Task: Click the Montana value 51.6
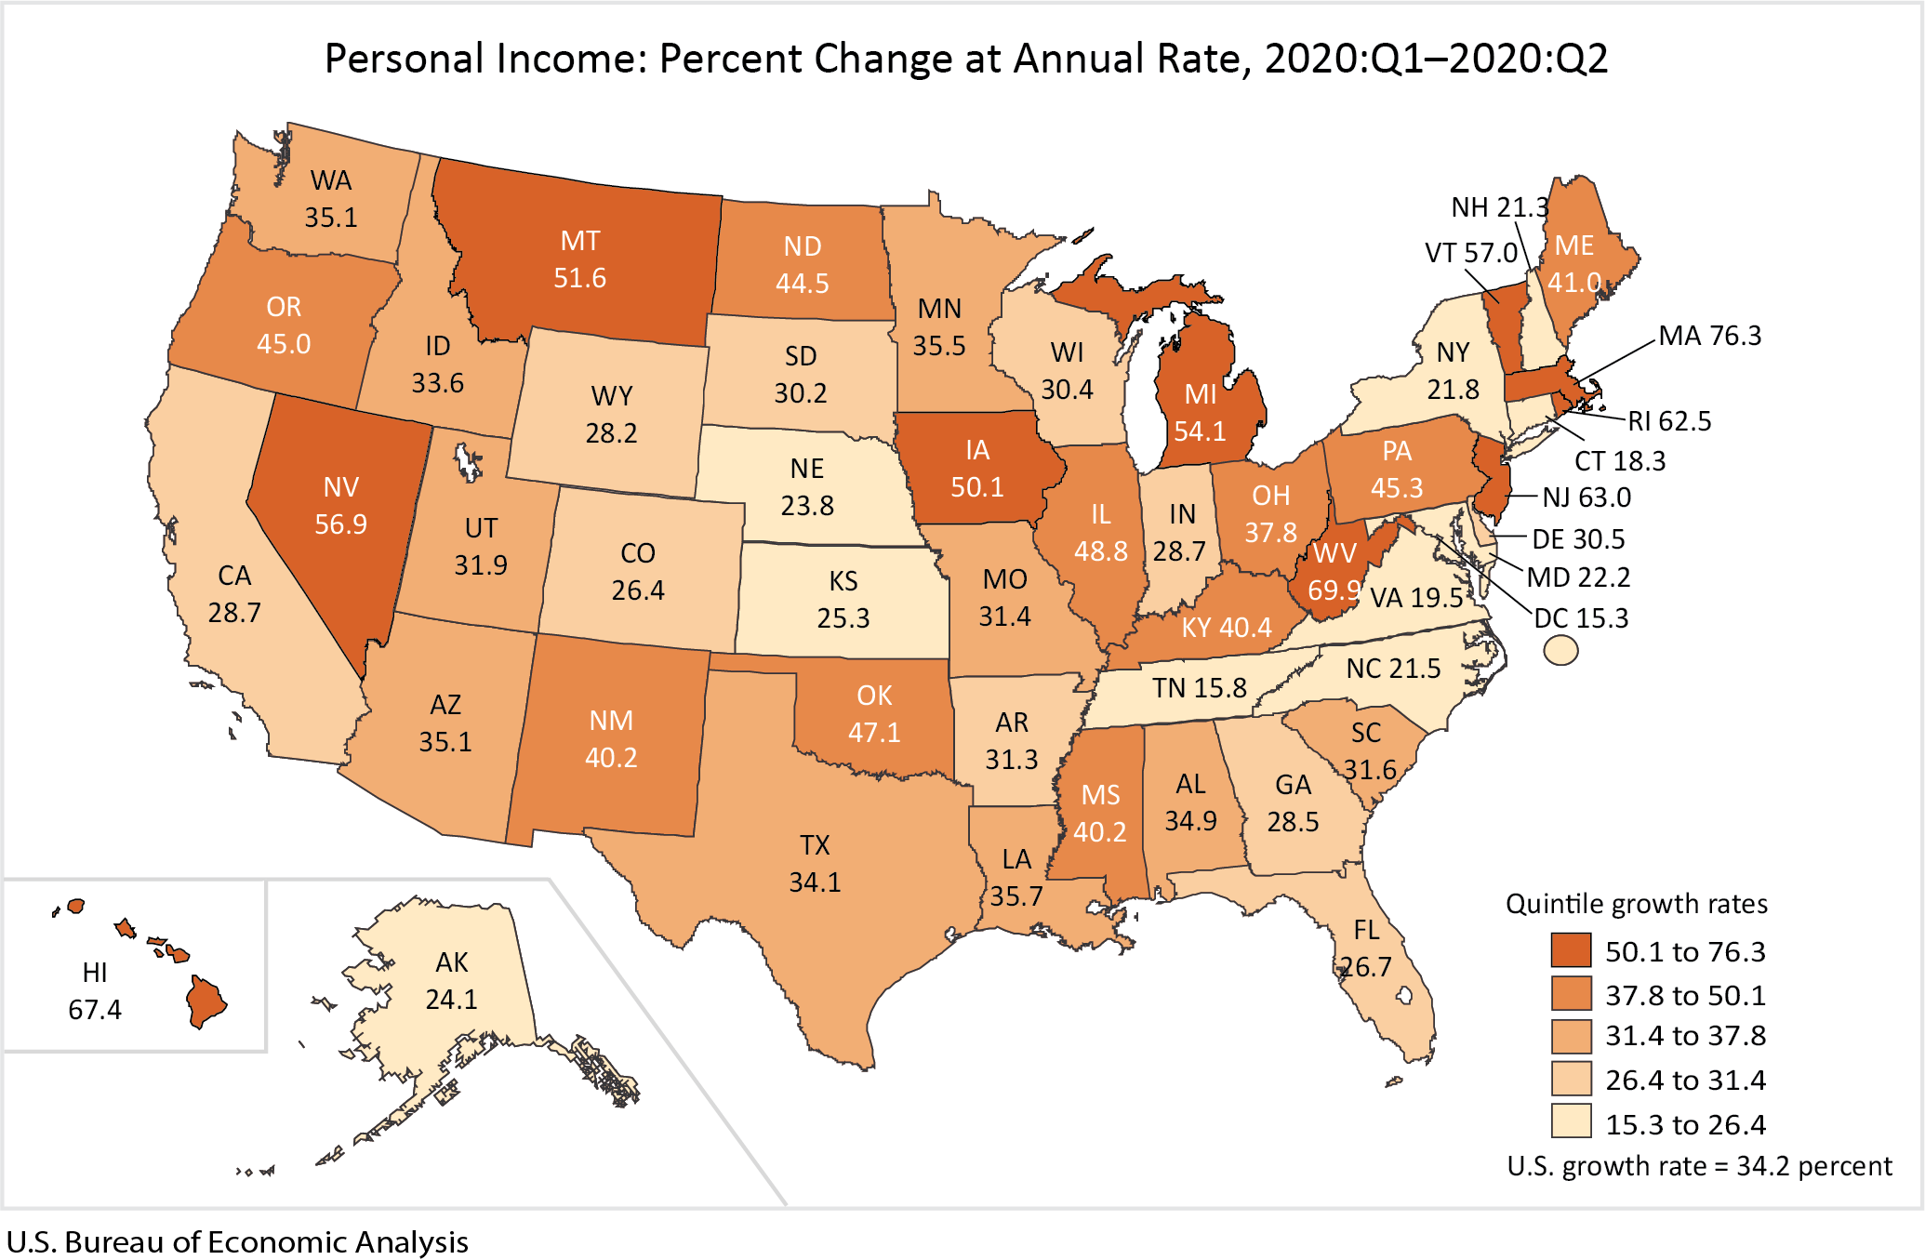[579, 278]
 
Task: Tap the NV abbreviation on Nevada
[340, 487]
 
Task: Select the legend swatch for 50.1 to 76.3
[1571, 950]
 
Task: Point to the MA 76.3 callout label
[1709, 336]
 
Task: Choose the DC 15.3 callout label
[1581, 618]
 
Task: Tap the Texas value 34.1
[815, 882]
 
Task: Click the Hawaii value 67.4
[95, 1009]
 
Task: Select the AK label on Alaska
[452, 962]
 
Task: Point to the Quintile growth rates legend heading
[1636, 904]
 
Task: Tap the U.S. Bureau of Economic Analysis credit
[237, 1242]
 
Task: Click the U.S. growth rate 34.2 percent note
[1699, 1166]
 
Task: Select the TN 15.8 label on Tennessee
[1199, 688]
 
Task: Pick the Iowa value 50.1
[976, 487]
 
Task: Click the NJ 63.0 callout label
[1586, 497]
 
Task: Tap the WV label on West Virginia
[1334, 553]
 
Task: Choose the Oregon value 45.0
[284, 344]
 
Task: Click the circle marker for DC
[1560, 650]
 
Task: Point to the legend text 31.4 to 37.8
[1685, 1036]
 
